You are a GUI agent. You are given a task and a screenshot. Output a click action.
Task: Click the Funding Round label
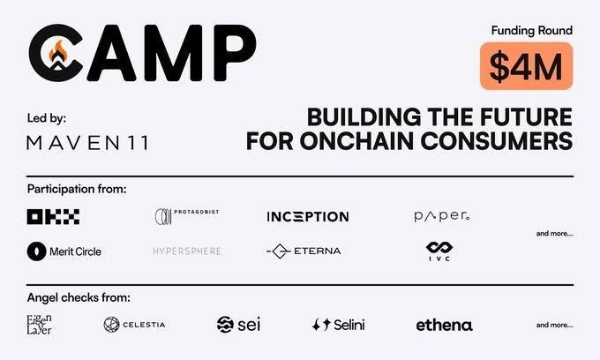[x=531, y=31]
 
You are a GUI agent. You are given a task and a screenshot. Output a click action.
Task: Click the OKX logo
[x=53, y=216]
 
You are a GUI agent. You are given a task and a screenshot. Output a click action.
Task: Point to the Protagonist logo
[x=186, y=216]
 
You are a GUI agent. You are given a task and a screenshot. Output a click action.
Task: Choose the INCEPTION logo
[x=308, y=216]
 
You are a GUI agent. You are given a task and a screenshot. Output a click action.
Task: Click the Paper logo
[x=442, y=216]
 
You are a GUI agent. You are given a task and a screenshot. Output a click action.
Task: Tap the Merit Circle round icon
[x=36, y=251]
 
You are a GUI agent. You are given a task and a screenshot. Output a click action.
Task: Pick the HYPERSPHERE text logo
[x=186, y=251]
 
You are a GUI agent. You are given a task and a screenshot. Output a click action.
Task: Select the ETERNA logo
[x=304, y=251]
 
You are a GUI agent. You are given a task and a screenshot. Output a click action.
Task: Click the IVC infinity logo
[x=439, y=251]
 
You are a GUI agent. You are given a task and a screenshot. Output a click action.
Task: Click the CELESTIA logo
[x=134, y=325]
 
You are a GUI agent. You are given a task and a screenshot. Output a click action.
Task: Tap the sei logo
[x=238, y=325]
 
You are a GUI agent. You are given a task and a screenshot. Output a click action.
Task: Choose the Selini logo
[x=338, y=325]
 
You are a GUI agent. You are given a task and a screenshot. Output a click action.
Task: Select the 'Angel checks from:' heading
[x=79, y=298]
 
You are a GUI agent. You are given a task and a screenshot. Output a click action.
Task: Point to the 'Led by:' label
[x=46, y=117]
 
